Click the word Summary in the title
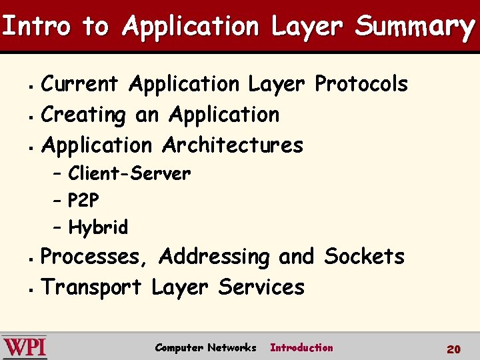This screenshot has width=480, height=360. tap(415, 27)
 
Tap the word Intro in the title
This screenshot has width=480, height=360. tap(36, 27)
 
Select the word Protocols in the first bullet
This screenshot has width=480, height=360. tap(361, 85)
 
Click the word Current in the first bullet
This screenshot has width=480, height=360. tap(80, 85)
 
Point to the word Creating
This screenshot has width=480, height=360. tap(83, 115)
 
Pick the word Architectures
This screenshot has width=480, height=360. tap(233, 145)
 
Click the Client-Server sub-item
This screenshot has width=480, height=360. tap(129, 174)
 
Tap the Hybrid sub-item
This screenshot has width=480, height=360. tap(98, 228)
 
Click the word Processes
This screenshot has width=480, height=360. tap(96, 257)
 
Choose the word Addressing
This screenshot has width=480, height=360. tap(215, 257)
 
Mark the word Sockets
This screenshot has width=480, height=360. tap(364, 257)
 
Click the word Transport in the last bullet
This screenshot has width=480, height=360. tap(92, 287)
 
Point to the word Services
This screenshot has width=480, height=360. tap(261, 287)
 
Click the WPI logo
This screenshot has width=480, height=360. tap(25, 347)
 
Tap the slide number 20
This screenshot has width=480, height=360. tap(453, 349)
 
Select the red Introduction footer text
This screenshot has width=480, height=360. tap(301, 347)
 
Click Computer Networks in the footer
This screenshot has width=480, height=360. tap(205, 347)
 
